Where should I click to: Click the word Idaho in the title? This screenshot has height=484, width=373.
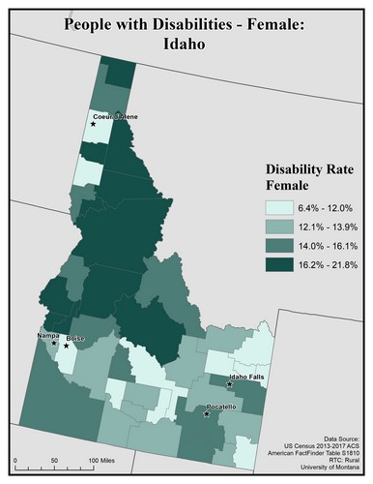[186, 45]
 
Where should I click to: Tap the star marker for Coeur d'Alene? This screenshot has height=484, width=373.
[94, 124]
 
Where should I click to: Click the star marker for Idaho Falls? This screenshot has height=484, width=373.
[230, 384]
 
